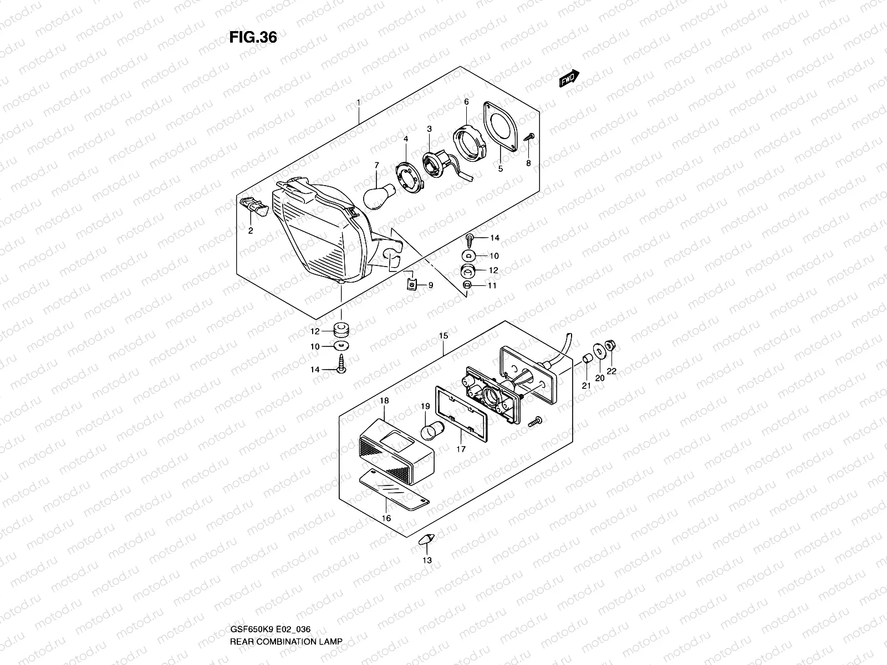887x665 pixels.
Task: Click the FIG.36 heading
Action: tap(253, 37)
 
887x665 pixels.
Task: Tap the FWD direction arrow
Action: tap(569, 79)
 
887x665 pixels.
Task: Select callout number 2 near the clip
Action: tap(251, 231)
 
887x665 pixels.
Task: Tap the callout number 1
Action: tap(359, 103)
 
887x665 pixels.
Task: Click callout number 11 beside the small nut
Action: tap(492, 285)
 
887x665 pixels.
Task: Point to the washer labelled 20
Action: tap(599, 352)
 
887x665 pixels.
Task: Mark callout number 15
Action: tap(443, 336)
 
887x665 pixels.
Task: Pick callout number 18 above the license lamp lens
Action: tap(384, 400)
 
